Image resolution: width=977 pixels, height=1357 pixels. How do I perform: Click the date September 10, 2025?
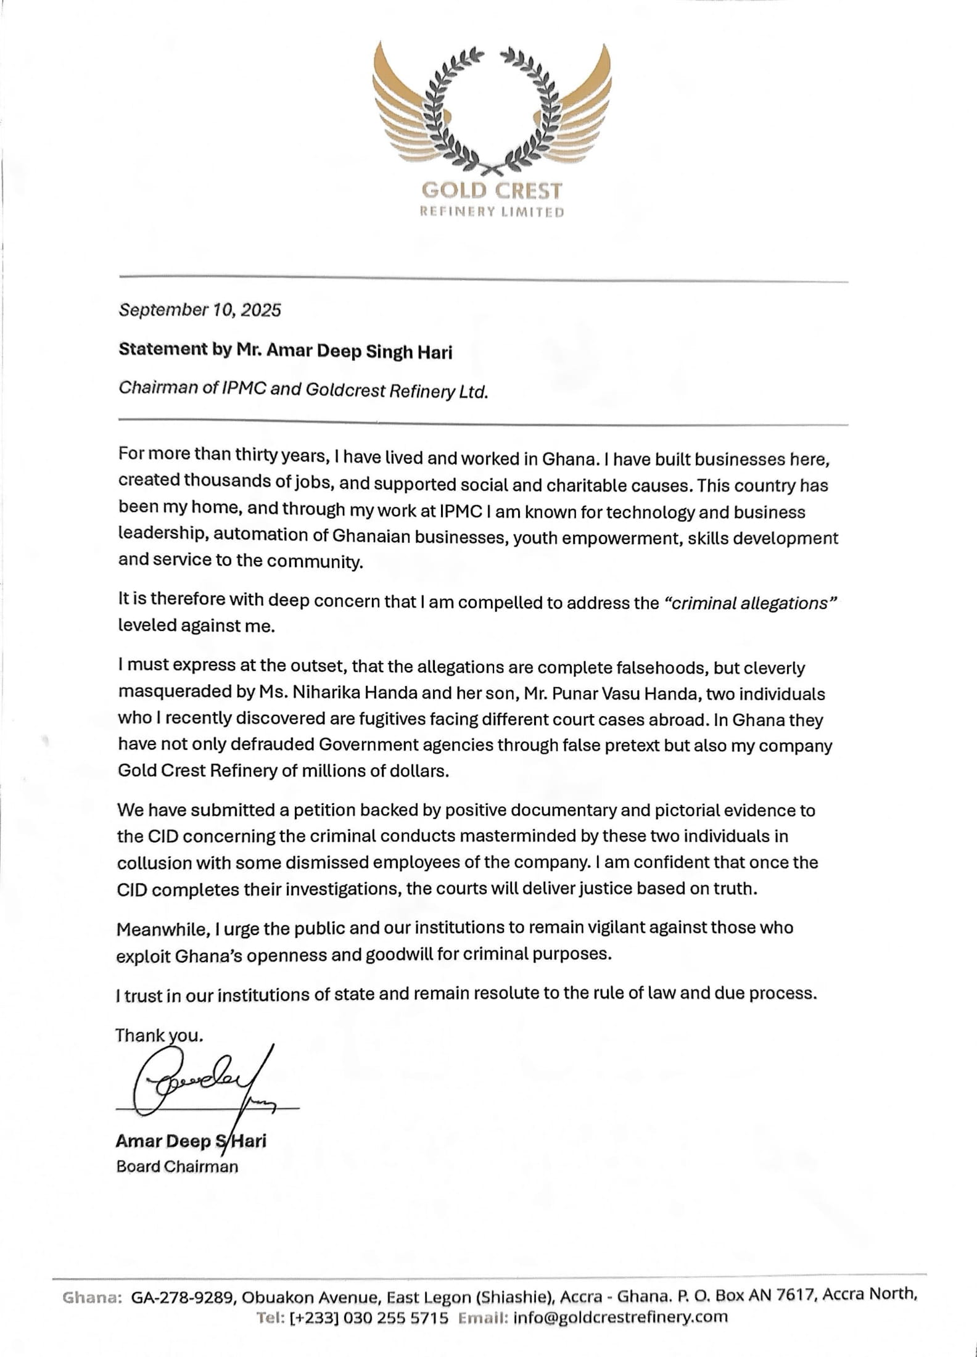tap(199, 310)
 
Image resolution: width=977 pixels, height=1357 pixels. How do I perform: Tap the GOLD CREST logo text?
tap(491, 191)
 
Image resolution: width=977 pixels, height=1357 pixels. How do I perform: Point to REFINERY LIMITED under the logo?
tap(491, 213)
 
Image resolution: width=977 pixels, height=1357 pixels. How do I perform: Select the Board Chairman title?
tap(176, 1166)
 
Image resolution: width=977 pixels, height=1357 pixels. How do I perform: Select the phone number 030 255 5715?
tap(395, 1318)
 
